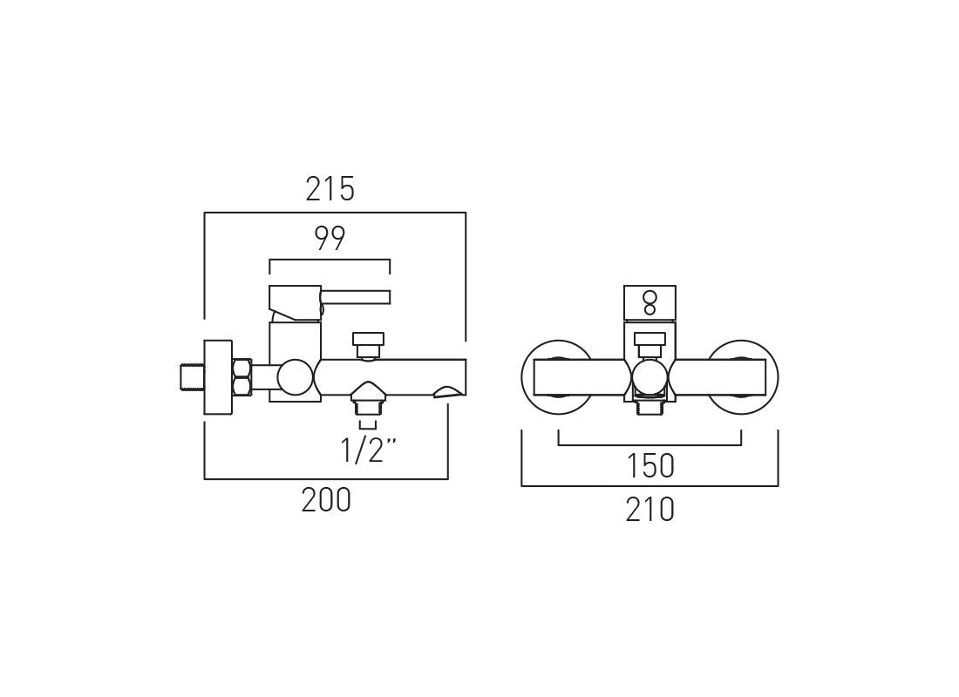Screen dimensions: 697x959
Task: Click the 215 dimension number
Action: (330, 189)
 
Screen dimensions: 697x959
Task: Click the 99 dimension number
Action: (330, 239)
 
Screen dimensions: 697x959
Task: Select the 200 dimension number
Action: (326, 500)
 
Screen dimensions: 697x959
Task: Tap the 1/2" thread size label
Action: (368, 450)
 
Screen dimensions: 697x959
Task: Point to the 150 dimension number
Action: (650, 467)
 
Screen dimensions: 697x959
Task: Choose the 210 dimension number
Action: (650, 510)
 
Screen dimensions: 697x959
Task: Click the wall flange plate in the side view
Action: (218, 377)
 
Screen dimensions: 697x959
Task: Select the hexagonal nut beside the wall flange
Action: (242, 377)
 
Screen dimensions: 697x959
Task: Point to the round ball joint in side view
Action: (295, 377)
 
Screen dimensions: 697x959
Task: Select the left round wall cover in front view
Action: (557, 377)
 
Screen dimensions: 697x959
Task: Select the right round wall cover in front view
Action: (742, 377)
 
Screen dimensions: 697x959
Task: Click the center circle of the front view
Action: (650, 378)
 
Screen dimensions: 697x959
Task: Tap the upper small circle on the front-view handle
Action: (650, 297)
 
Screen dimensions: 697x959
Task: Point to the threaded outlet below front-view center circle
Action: (650, 406)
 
